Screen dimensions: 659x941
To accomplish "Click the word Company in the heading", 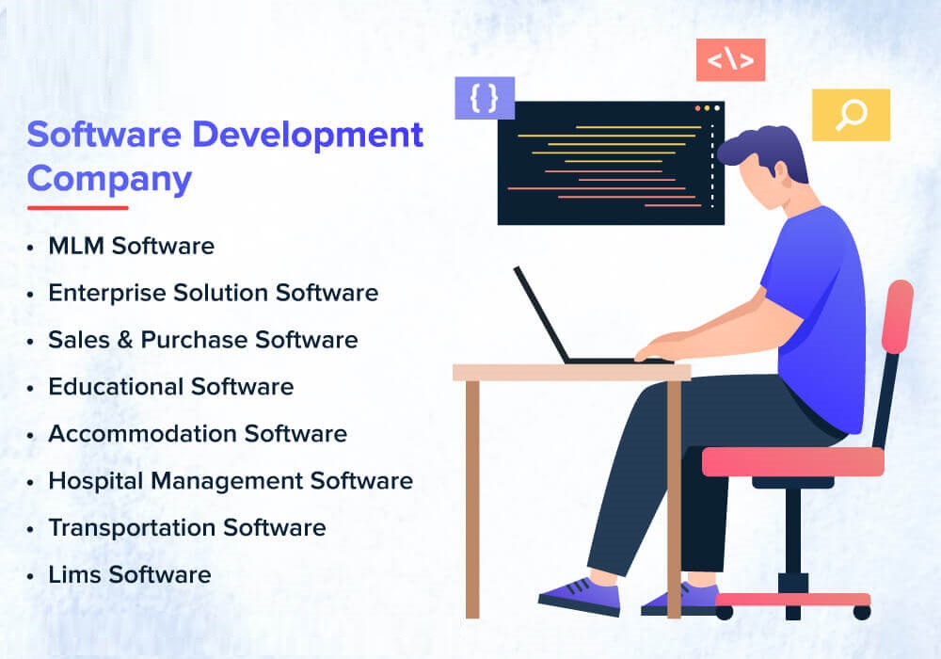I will (x=109, y=178).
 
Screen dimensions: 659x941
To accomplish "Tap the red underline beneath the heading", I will (x=77, y=207).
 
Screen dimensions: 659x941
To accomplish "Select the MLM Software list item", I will (x=131, y=247).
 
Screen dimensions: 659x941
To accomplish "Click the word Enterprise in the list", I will (x=107, y=293).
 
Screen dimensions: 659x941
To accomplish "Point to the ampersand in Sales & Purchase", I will (x=121, y=340).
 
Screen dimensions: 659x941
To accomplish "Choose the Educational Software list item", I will (x=170, y=387).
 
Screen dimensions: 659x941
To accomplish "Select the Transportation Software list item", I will (x=186, y=528).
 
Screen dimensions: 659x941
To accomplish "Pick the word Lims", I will (x=72, y=574).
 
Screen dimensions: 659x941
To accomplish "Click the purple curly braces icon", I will (x=485, y=97).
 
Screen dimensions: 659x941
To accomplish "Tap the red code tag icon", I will (x=730, y=60).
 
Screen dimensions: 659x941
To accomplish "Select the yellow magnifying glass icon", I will (x=851, y=115).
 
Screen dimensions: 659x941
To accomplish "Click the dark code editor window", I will (x=611, y=164).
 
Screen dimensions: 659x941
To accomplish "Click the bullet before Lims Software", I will (x=32, y=575).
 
